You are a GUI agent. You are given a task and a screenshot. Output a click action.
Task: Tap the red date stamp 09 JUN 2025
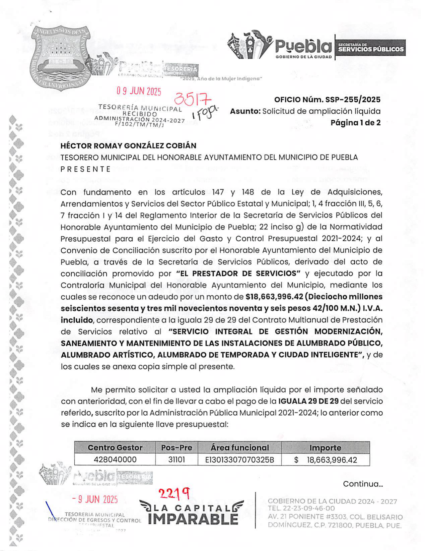tap(139, 91)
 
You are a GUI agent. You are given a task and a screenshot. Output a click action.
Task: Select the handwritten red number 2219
tap(174, 493)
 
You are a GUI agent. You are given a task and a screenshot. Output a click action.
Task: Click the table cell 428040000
tap(115, 460)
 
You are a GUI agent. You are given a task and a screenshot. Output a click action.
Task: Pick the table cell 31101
tap(176, 460)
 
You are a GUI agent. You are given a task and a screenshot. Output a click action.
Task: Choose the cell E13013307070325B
tap(239, 460)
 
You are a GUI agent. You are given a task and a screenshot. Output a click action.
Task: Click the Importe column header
tap(325, 448)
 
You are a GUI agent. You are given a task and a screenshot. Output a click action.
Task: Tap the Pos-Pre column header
tap(176, 448)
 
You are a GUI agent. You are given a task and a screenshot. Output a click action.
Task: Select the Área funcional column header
tap(239, 448)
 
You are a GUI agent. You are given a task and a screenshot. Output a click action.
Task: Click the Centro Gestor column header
tap(115, 448)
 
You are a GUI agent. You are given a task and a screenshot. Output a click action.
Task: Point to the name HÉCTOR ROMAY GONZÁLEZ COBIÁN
tap(128, 146)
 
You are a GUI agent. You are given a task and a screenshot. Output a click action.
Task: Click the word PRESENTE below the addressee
tap(85, 169)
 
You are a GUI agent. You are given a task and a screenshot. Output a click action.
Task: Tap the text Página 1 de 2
tap(355, 123)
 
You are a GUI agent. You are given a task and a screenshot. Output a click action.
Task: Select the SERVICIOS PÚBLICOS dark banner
tap(370, 48)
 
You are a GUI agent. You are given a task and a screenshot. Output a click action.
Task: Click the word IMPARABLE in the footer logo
tap(193, 519)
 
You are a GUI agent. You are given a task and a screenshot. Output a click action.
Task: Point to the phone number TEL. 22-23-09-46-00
tap(301, 508)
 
